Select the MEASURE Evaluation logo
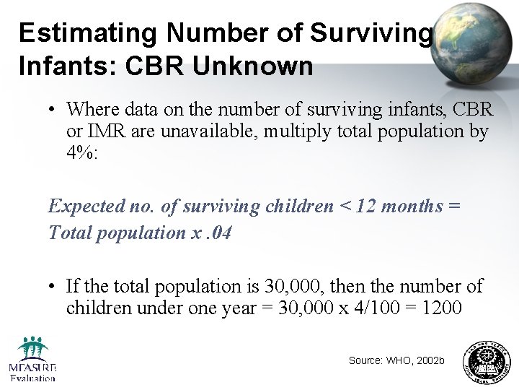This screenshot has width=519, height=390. click(32, 359)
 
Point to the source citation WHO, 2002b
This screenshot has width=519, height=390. click(396, 360)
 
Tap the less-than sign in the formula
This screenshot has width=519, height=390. click(347, 207)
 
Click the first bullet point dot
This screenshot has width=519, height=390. click(53, 110)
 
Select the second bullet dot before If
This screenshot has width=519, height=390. click(53, 287)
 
